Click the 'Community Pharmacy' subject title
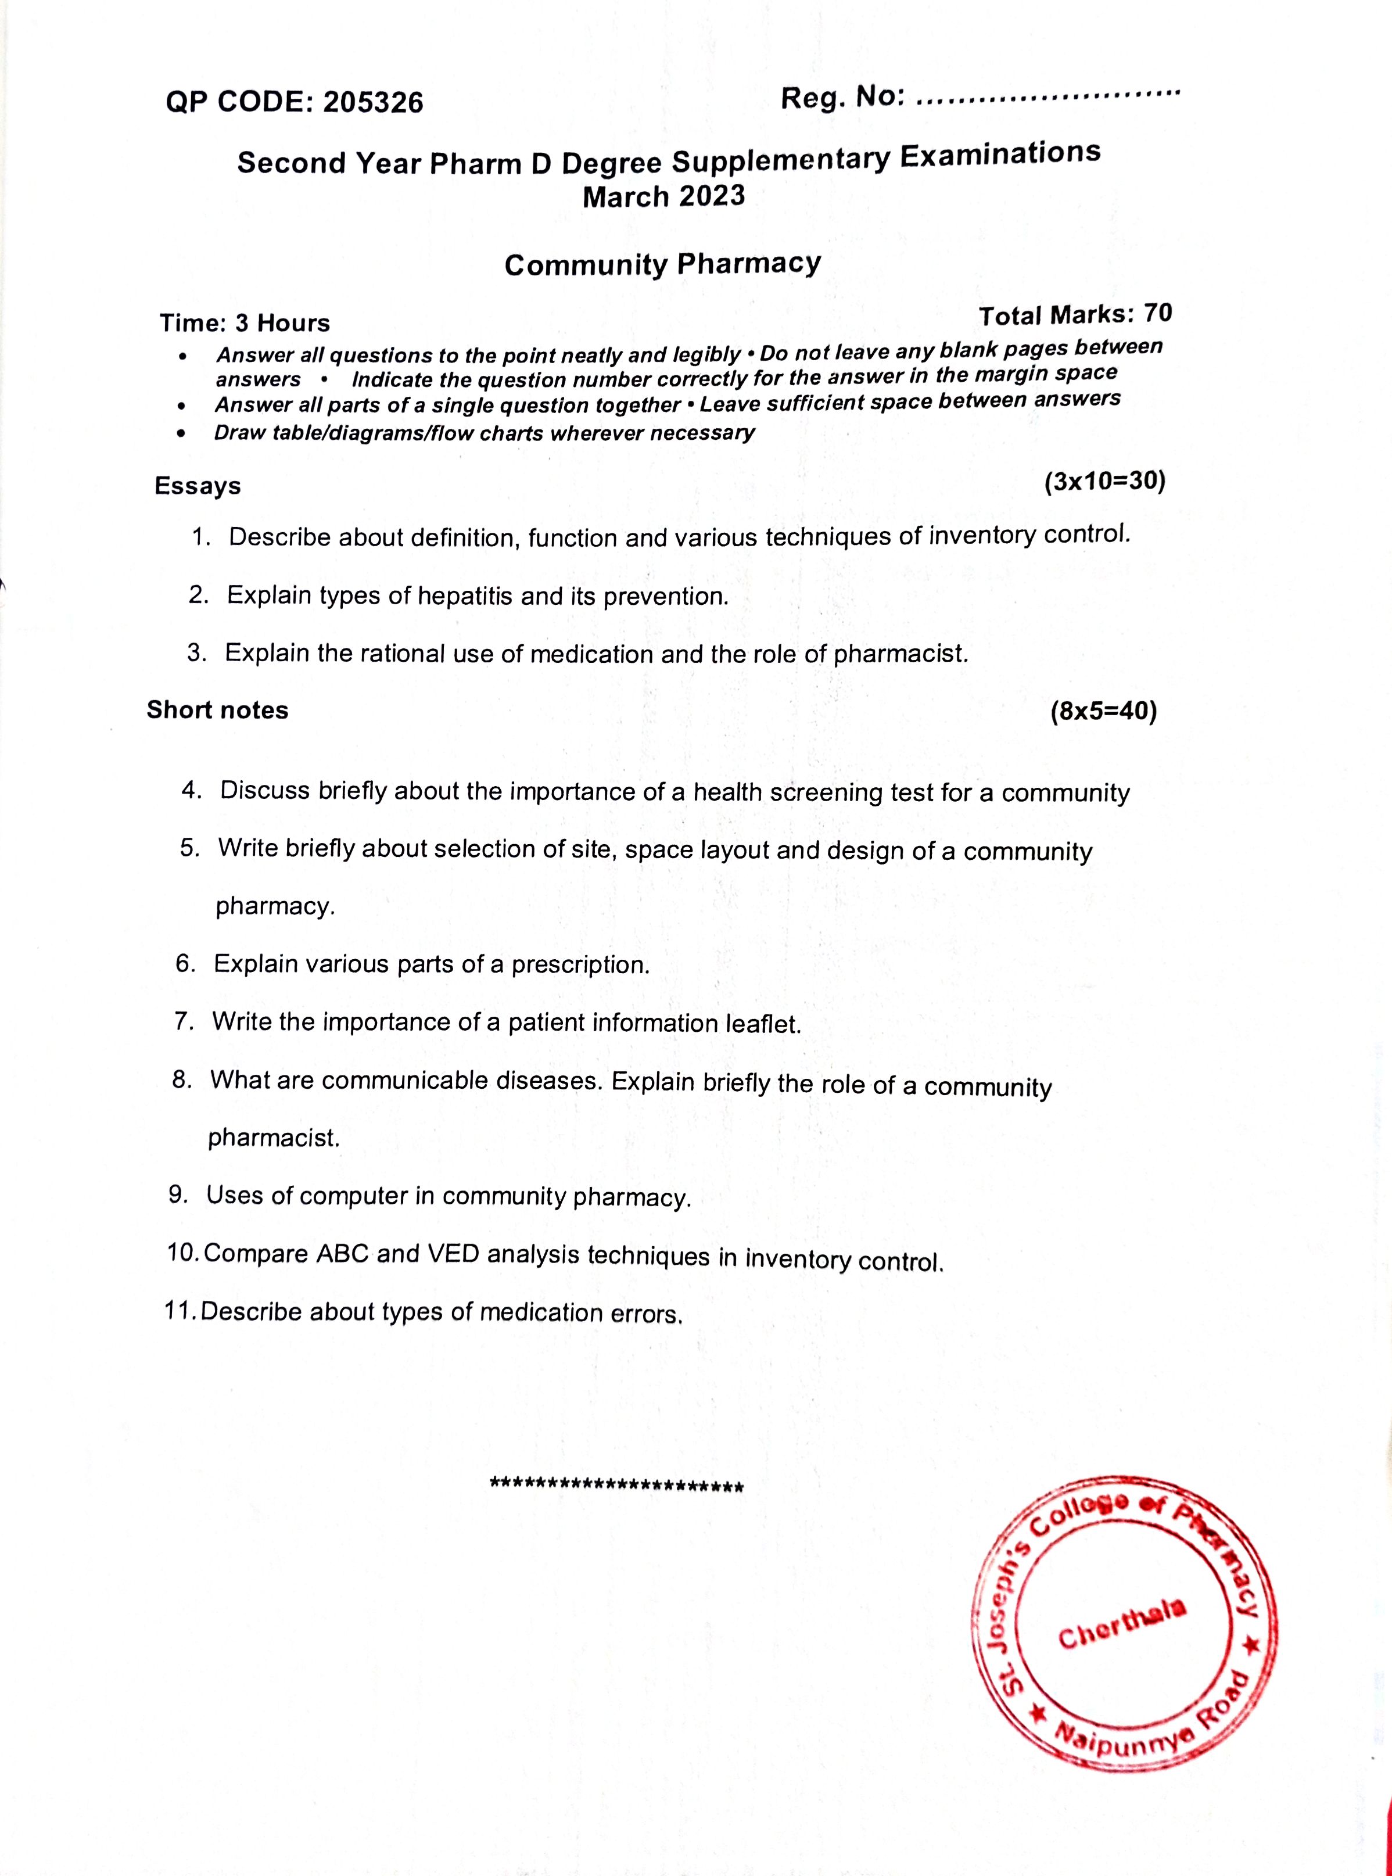click(662, 264)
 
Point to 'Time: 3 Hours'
click(245, 322)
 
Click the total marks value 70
click(1158, 313)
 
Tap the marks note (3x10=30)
click(1104, 482)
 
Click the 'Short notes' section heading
click(217, 710)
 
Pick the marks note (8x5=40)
click(1103, 711)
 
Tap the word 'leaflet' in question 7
click(763, 1024)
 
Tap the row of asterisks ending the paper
click(616, 1485)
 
